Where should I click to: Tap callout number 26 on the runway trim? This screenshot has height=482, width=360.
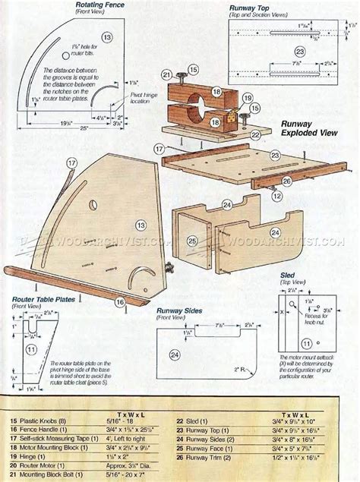(x=286, y=181)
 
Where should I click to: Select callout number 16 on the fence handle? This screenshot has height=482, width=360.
(x=120, y=302)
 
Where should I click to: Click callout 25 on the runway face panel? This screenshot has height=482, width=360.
(x=192, y=241)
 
